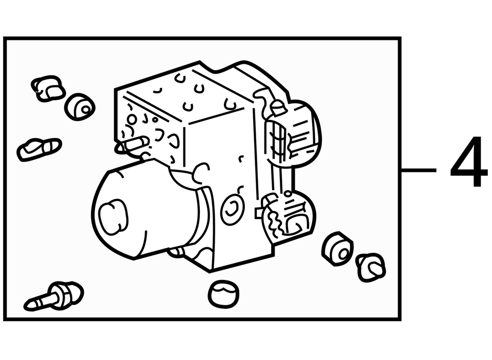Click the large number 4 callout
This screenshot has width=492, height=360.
click(469, 162)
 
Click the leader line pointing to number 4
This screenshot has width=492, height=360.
click(419, 170)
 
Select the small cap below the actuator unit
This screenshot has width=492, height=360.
click(223, 293)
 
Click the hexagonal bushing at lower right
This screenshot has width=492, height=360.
click(337, 249)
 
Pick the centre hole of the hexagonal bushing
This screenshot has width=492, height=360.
click(344, 253)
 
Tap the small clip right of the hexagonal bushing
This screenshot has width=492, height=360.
click(371, 267)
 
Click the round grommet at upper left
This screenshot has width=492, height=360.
click(80, 107)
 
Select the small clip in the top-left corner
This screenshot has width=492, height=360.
click(48, 89)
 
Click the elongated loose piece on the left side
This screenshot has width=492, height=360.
click(39, 149)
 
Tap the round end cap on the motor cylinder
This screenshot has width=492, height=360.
click(113, 216)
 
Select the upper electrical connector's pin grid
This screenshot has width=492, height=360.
click(278, 141)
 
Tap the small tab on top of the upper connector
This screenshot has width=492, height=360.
click(278, 107)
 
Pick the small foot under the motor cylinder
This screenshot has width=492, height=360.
click(176, 252)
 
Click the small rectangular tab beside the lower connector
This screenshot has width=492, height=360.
click(259, 212)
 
